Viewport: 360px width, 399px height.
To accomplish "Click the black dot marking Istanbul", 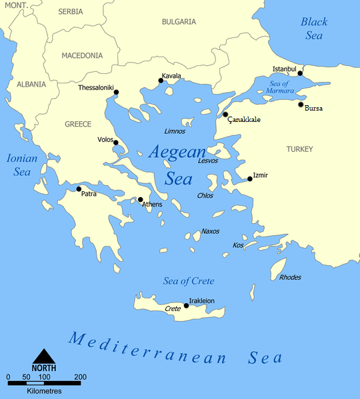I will coord(300,73).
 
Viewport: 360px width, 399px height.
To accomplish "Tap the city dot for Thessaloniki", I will coord(117,92).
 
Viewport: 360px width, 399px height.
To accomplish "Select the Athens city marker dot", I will coord(140,199).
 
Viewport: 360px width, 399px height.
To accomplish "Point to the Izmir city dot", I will coord(250,179).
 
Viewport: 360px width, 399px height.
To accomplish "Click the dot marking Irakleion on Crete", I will coord(186,306).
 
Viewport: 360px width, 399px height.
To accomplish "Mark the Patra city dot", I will coord(79,189).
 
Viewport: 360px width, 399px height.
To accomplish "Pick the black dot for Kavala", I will coord(161,81).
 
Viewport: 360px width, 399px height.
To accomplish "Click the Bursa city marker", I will coord(301,105).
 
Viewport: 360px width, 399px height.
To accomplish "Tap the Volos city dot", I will coord(116,143).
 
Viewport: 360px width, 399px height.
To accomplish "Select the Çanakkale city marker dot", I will coord(225,115).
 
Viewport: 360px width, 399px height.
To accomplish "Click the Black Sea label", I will coord(314,29).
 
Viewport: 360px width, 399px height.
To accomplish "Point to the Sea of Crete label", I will coord(189,281).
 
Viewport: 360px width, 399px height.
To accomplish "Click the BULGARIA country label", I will coord(179,22).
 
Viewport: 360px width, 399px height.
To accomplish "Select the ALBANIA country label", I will coord(31,85).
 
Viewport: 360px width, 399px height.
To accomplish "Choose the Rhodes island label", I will coord(290,277).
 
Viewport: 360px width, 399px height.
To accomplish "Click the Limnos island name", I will coord(175,131).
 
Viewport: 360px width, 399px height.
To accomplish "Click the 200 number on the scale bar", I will coord(81,378).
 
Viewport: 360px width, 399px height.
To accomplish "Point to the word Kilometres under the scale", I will coord(45,390).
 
